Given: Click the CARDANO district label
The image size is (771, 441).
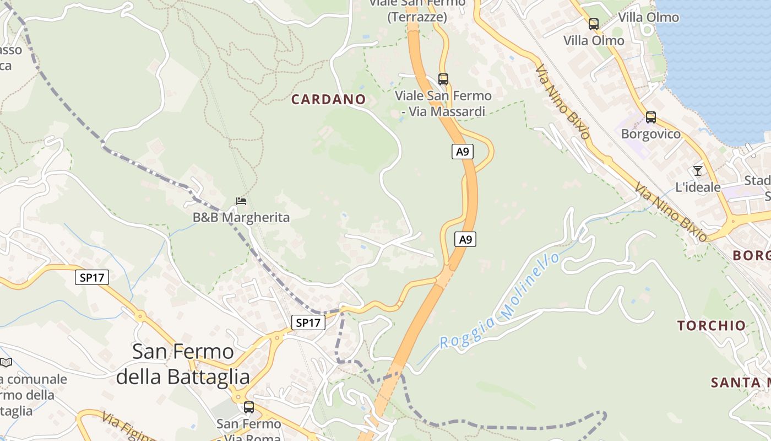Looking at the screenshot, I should click(x=328, y=99).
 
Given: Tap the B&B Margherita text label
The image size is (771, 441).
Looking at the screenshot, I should click(x=241, y=217).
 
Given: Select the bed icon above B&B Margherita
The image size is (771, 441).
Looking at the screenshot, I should click(x=241, y=201).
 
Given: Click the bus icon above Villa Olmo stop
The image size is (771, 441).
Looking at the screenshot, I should click(x=593, y=24).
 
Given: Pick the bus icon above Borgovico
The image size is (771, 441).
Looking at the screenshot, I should click(x=650, y=117).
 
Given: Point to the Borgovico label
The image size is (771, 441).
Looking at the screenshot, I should click(x=650, y=134).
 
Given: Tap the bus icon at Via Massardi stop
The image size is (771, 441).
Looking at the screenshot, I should click(x=443, y=79).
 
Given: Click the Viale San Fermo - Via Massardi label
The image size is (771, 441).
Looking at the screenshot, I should click(x=443, y=104).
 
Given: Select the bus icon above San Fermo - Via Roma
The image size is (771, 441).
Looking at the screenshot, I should click(x=249, y=407).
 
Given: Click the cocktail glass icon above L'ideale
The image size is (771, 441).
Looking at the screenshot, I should click(x=698, y=170).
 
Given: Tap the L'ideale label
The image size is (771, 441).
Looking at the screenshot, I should click(x=698, y=187).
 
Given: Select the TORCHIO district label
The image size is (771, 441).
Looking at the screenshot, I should click(x=712, y=325).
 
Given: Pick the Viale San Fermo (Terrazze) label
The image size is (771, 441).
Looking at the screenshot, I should click(x=416, y=10).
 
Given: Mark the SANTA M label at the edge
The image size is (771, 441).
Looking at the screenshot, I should click(x=740, y=382).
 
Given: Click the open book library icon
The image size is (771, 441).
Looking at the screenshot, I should click(x=6, y=362).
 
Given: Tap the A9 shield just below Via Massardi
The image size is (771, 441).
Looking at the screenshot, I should click(x=463, y=151).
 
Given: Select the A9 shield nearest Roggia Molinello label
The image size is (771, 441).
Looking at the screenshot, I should click(x=465, y=239).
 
